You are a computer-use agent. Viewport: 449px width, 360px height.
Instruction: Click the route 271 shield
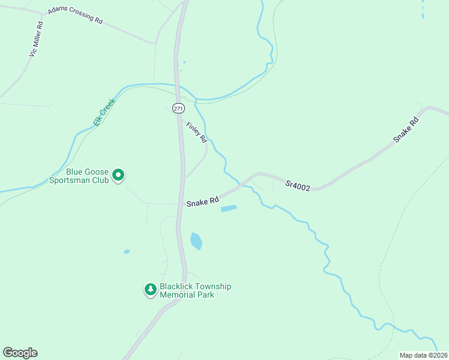178,109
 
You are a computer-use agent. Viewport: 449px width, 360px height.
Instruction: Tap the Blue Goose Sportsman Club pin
119,175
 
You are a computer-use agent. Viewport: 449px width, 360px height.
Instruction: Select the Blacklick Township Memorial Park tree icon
150,290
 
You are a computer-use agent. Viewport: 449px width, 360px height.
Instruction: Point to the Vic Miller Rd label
36,40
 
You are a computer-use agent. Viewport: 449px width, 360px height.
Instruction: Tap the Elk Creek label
103,112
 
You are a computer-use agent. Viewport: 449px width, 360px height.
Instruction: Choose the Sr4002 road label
298,186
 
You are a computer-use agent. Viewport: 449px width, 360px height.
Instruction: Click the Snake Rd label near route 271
202,203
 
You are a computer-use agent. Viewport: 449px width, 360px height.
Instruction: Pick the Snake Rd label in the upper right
406,130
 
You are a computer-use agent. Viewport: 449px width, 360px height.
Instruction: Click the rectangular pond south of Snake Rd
229,209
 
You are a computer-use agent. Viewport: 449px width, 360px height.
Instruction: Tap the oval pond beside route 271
196,241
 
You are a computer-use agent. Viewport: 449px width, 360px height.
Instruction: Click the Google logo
20,353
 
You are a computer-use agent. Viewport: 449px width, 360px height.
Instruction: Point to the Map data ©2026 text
424,355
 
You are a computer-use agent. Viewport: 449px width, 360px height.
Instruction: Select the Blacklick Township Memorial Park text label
195,290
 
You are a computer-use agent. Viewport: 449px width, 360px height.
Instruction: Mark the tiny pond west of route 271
127,251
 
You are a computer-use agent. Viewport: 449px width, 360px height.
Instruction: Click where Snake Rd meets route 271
181,204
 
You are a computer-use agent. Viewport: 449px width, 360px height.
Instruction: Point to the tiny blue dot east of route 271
184,62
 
